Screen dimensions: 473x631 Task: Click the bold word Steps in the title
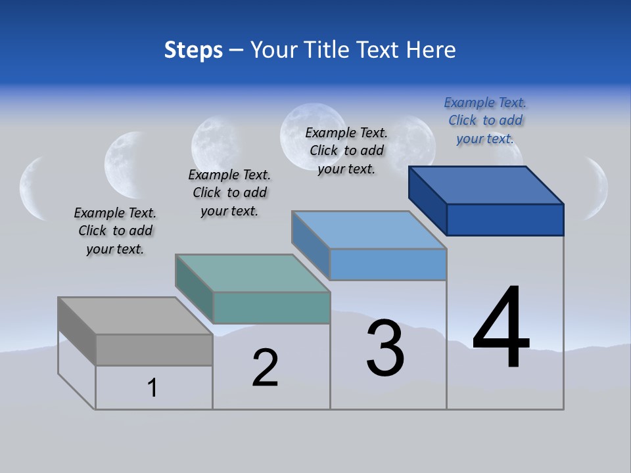[193, 50]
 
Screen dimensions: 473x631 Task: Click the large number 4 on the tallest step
[502, 328]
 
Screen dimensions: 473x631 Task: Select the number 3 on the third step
[385, 349]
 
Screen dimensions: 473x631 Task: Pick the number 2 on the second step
[265, 368]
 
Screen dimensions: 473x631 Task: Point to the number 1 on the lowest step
[152, 388]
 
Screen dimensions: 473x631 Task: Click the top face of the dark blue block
[486, 185]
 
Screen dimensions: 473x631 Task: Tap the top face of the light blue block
[369, 230]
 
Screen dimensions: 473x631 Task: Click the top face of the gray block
[135, 316]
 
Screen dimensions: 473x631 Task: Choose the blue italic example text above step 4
[485, 120]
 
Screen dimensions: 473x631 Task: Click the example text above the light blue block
[346, 150]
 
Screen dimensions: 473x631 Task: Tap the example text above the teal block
[229, 192]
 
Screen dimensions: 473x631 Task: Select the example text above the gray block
[115, 231]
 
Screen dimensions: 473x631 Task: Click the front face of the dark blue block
[505, 219]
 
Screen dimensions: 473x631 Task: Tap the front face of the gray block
[154, 349]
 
